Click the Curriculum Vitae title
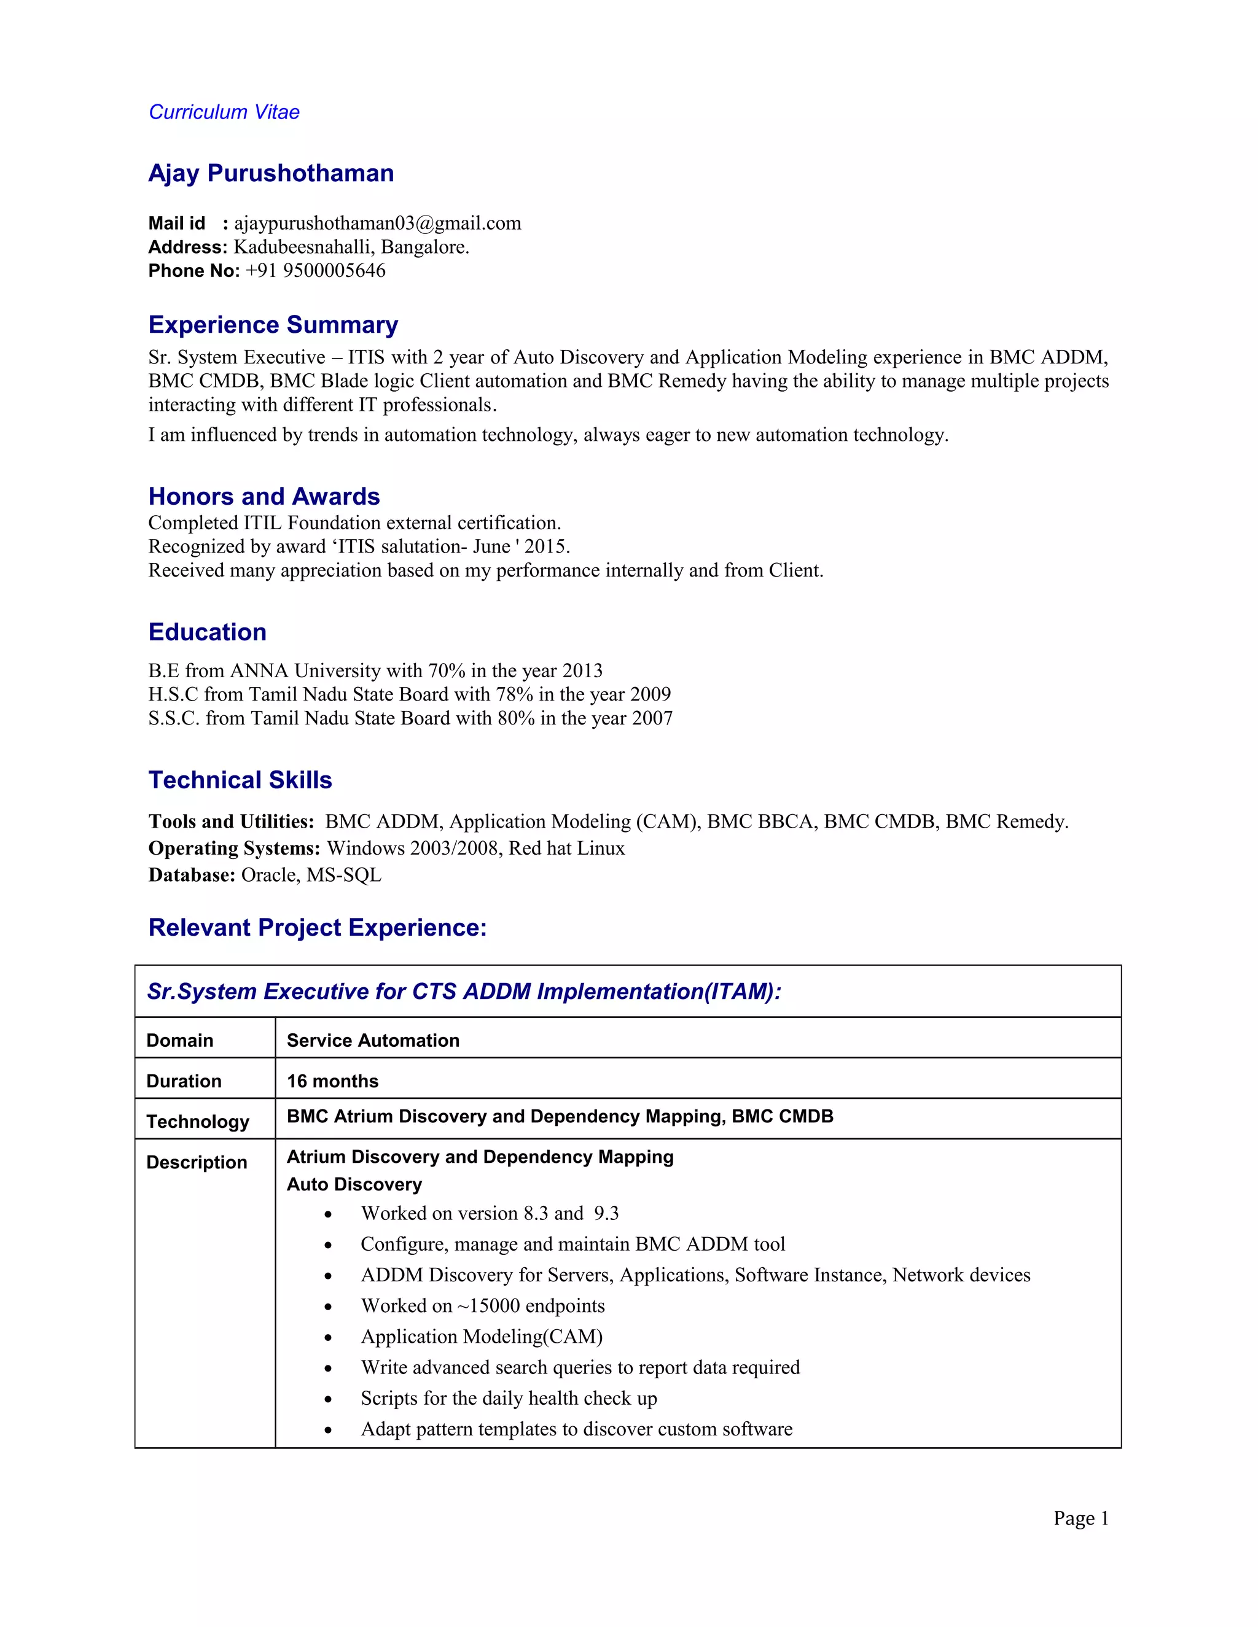(224, 112)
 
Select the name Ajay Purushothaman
(270, 174)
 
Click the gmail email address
(377, 223)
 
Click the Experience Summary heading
(273, 325)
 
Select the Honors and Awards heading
(264, 496)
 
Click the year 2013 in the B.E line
(582, 670)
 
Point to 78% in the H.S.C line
(514, 694)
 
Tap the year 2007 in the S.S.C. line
(652, 718)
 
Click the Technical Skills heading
(240, 780)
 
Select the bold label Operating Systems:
(234, 848)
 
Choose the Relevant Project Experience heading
(318, 928)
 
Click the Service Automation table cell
(373, 1041)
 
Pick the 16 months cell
(332, 1081)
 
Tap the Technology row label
(198, 1122)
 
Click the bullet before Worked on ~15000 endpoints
(328, 1307)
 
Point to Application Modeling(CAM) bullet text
(482, 1337)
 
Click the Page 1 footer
(1080, 1518)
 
